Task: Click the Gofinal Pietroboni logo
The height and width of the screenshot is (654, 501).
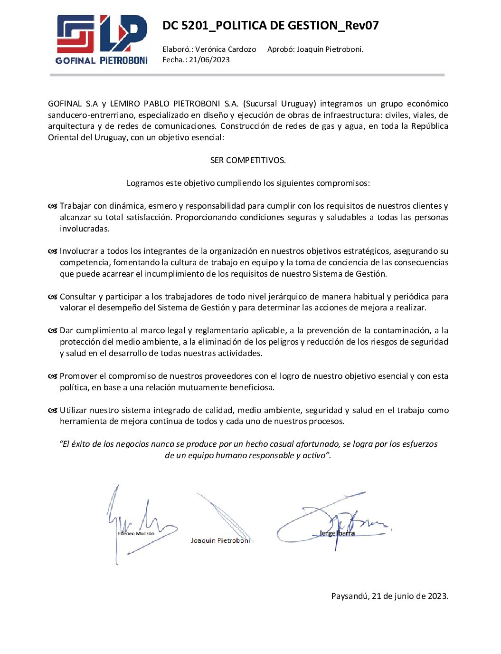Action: click(x=102, y=39)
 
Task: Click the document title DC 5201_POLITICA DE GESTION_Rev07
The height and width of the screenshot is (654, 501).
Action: click(x=270, y=26)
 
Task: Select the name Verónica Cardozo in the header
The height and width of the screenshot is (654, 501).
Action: click(x=226, y=49)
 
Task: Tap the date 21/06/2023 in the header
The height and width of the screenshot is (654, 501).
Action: click(x=209, y=60)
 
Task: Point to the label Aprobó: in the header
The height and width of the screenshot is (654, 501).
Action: click(x=281, y=49)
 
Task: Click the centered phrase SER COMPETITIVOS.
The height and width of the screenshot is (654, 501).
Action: click(x=248, y=160)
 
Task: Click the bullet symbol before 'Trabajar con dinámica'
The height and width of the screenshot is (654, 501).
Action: click(x=52, y=206)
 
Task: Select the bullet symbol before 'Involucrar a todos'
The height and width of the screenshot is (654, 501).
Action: click(x=52, y=251)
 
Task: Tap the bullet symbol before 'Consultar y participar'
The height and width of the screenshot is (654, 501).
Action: click(x=52, y=297)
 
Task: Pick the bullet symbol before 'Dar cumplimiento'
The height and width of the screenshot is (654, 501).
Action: click(x=52, y=331)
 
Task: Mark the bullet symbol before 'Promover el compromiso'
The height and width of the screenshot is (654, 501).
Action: click(x=52, y=376)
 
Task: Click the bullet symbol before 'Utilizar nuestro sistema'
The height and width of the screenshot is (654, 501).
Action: click(x=52, y=411)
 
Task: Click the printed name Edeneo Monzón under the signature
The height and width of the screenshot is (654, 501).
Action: click(x=136, y=534)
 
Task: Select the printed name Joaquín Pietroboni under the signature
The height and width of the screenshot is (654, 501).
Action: click(x=220, y=541)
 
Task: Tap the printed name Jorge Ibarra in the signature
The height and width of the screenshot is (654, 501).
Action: click(x=337, y=533)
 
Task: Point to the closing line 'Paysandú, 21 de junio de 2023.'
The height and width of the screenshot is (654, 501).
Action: click(x=389, y=596)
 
